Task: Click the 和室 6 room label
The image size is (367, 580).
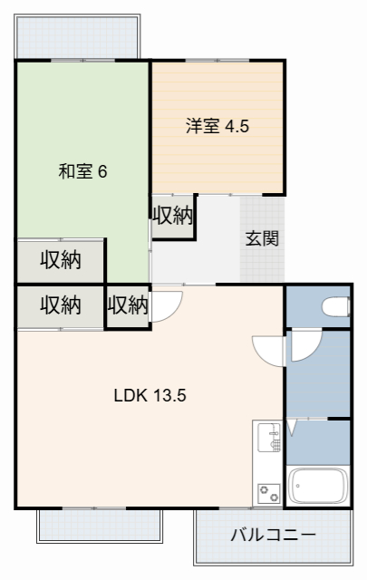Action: tap(83, 170)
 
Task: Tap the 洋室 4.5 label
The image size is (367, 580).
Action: tap(217, 126)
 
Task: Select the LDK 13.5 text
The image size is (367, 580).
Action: tap(150, 396)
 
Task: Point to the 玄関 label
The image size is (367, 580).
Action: tap(262, 239)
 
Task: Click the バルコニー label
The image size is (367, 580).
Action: tap(273, 535)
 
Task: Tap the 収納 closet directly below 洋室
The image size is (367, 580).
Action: tap(172, 216)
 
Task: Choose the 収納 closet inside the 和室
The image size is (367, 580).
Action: tap(61, 260)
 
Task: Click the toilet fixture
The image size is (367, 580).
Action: tap(335, 306)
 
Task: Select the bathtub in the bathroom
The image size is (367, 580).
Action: tap(317, 488)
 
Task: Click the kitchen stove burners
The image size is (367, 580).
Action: tap(269, 492)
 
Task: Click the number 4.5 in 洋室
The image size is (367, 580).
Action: tap(237, 126)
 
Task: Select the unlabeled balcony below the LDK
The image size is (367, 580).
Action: tap(100, 524)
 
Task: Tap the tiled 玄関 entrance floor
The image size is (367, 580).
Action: tap(263, 258)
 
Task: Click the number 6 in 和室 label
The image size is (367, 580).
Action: tap(102, 170)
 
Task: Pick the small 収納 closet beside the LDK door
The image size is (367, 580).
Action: tap(128, 305)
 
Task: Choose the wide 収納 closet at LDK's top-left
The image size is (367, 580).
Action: tap(61, 305)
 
